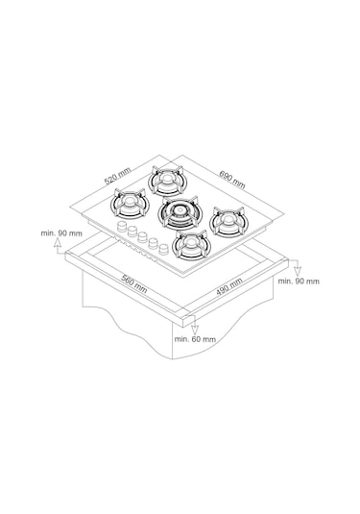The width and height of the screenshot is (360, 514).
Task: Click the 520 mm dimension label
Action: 117,176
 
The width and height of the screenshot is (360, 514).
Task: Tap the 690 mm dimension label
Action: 232,180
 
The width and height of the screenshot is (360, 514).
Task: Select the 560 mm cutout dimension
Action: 134,283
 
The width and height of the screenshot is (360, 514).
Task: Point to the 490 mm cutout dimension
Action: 229,287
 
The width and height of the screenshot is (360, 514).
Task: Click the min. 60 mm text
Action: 195,339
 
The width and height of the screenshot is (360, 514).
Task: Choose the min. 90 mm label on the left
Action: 61,233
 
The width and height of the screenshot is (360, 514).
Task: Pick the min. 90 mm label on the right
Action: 299,281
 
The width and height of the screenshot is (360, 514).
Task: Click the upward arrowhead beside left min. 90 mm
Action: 58,242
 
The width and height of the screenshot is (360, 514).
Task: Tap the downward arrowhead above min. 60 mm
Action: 195,330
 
